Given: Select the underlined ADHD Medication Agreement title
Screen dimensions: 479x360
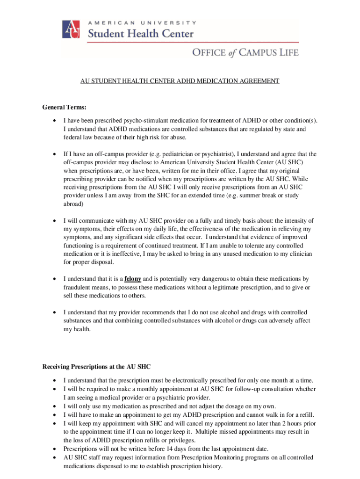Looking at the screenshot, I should coord(180,81).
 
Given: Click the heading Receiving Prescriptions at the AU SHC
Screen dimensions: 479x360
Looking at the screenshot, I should coord(97,366).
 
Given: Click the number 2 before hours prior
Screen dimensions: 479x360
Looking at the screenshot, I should coord(278,423).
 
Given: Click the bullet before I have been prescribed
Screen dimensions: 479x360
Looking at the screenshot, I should coord(55,121).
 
